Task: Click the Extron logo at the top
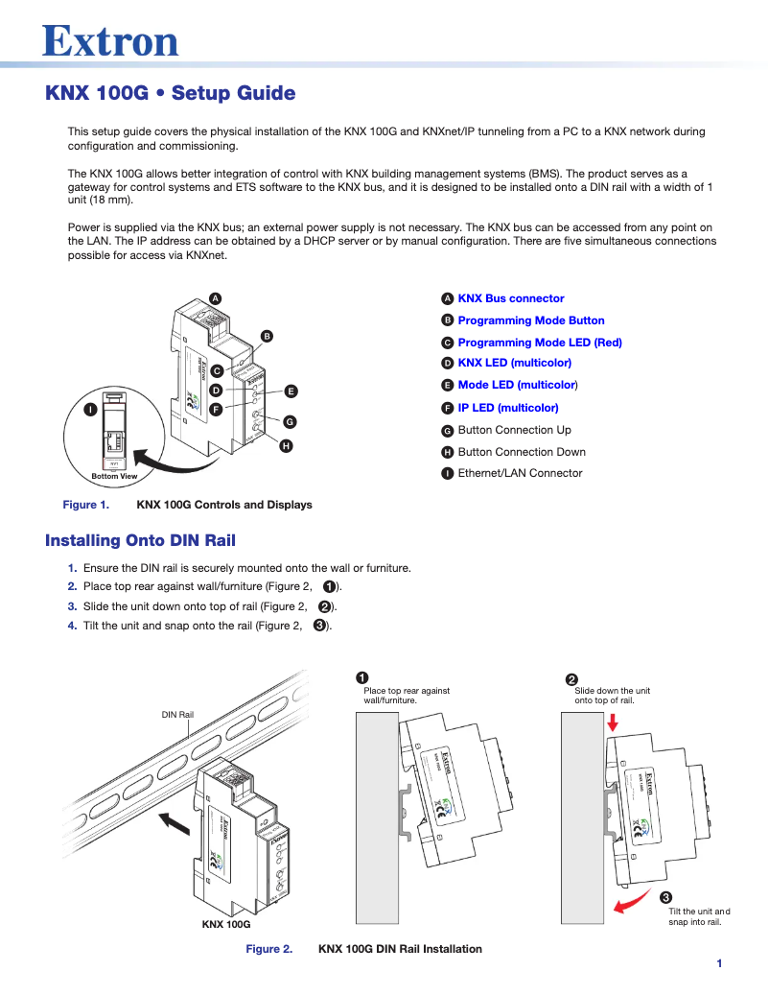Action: pyautogui.click(x=110, y=40)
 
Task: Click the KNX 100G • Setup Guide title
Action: pyautogui.click(x=171, y=93)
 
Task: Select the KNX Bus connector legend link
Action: pyautogui.click(x=510, y=298)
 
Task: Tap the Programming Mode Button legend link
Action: pyautogui.click(x=530, y=320)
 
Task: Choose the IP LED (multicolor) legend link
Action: pyautogui.click(x=507, y=408)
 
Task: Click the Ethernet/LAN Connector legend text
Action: pyautogui.click(x=520, y=473)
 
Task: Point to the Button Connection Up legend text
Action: pyautogui.click(x=514, y=430)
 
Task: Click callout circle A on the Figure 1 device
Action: pyautogui.click(x=216, y=298)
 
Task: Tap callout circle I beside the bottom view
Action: pyautogui.click(x=89, y=410)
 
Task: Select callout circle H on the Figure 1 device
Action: pyautogui.click(x=286, y=446)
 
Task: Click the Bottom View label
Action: pyautogui.click(x=114, y=476)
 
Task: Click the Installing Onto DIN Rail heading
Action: pyautogui.click(x=140, y=540)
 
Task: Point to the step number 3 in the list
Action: pyautogui.click(x=72, y=606)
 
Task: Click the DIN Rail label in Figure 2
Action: pyautogui.click(x=177, y=714)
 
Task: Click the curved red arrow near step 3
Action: pyautogui.click(x=628, y=902)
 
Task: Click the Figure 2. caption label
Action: pyautogui.click(x=269, y=949)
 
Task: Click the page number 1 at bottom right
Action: pyautogui.click(x=718, y=963)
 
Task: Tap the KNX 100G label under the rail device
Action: pyautogui.click(x=226, y=924)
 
